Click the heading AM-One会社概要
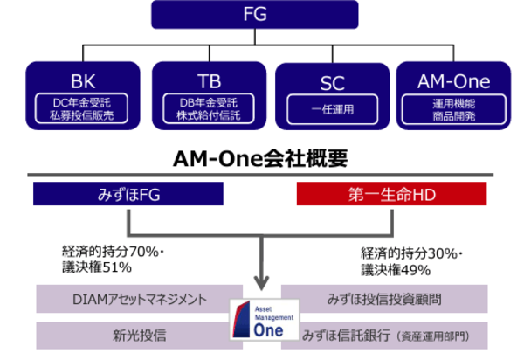click(x=261, y=157)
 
